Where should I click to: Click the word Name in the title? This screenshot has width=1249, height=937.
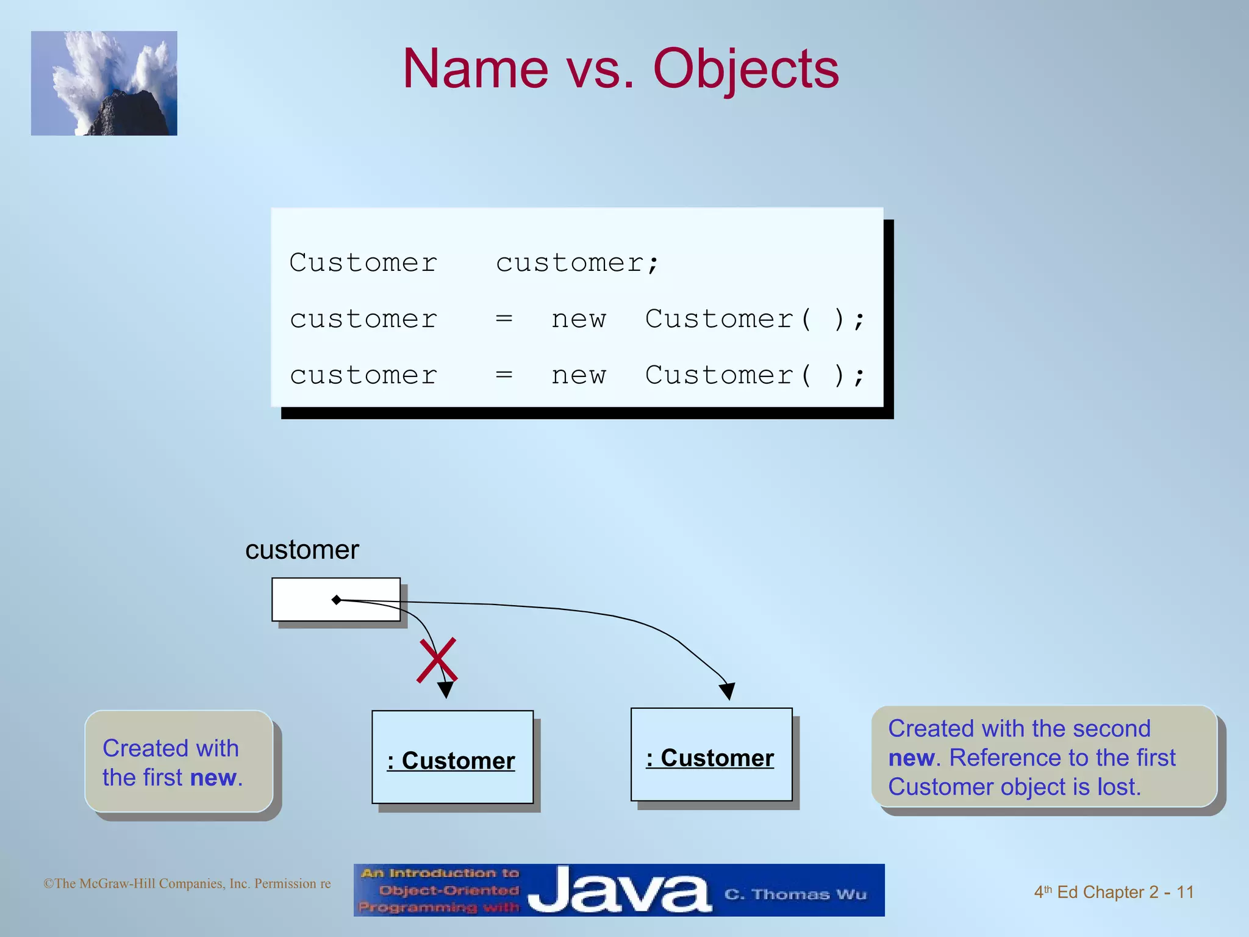pos(476,69)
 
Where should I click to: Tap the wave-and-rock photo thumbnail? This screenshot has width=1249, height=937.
pos(104,84)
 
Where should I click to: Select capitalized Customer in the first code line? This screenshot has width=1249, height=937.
pos(363,263)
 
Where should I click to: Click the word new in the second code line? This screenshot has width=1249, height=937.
pos(579,320)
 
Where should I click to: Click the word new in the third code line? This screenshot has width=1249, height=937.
pos(579,376)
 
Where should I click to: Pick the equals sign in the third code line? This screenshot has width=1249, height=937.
pos(504,375)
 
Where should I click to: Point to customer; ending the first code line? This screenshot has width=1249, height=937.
pos(577,264)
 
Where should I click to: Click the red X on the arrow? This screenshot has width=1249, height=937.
pos(437,661)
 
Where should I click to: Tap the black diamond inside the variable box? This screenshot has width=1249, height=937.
pos(336,600)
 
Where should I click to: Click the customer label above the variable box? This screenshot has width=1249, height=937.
pos(302,550)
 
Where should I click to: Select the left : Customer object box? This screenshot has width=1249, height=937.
pos(452,757)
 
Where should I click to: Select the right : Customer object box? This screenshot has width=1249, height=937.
pos(711,755)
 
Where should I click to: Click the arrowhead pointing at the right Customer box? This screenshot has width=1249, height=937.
pos(727,691)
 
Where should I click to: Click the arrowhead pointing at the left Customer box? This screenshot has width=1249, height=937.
pos(446,690)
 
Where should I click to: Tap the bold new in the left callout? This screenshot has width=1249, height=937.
pos(213,778)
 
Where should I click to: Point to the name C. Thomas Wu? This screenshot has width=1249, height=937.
pos(795,894)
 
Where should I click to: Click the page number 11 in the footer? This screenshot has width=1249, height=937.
pos(1185,892)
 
